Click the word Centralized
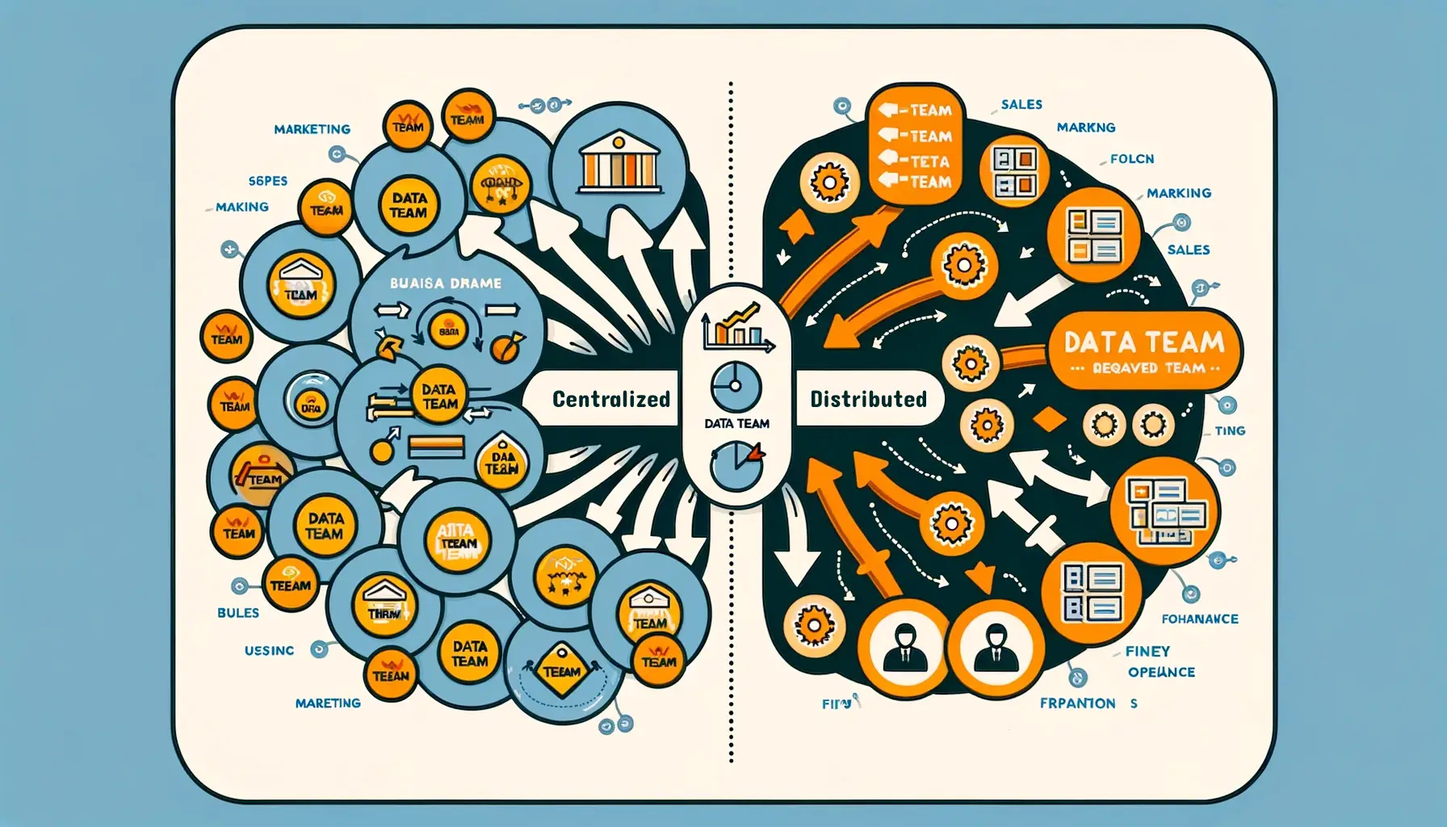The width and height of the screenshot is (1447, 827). tap(610, 399)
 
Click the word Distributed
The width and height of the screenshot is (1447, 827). tap(868, 399)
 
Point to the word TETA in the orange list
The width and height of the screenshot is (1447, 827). tap(930, 161)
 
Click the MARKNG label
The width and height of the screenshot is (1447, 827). tap(1085, 128)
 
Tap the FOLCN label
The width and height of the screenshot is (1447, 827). tap(1131, 159)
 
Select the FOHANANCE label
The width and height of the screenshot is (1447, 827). tap(1199, 619)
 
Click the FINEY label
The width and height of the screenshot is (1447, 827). tap(1147, 651)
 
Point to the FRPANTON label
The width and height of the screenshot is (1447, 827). tap(1077, 703)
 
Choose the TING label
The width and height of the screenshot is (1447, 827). tap(1229, 431)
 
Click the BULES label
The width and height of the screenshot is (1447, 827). tap(238, 613)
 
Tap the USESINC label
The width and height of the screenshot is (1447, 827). tap(269, 650)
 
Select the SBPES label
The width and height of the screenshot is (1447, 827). tap(267, 181)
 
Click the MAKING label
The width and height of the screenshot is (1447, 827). tap(241, 207)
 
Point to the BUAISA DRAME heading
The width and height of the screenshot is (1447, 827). tap(445, 283)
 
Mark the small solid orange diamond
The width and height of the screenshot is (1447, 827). tap(1050, 419)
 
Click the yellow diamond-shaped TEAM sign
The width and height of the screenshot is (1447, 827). tap(561, 670)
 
